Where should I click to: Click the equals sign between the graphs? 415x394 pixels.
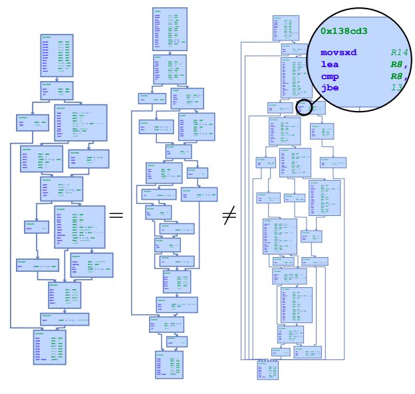(116, 215)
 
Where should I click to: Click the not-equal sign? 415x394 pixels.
(229, 216)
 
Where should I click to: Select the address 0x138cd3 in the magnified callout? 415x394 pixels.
(345, 31)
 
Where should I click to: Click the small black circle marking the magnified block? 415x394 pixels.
(304, 107)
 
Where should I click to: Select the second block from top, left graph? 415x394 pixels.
(53, 90)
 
